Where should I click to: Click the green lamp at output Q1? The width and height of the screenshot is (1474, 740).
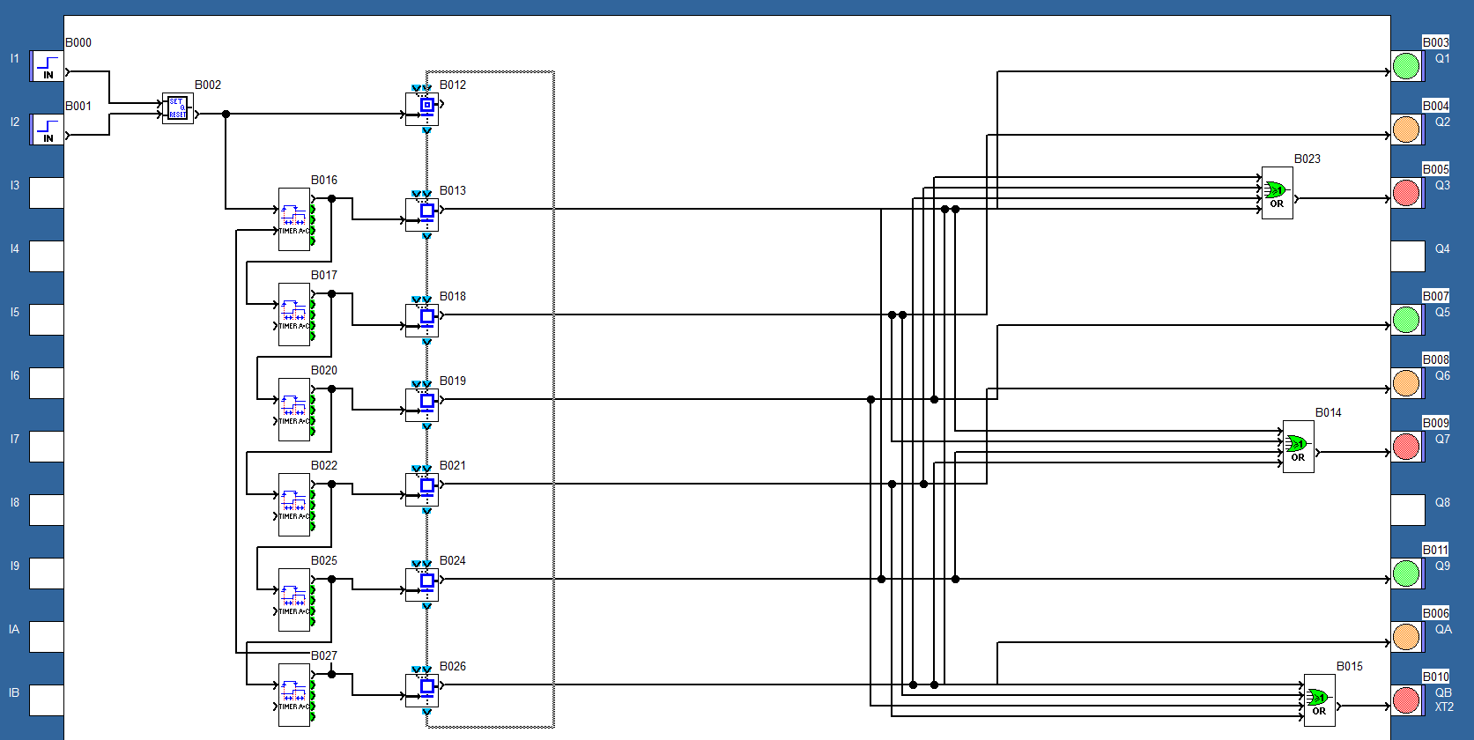point(1406,66)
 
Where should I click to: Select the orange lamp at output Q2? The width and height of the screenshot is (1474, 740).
point(1406,129)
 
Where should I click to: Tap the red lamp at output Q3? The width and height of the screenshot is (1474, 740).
point(1406,193)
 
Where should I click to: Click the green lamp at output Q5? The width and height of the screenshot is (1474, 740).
point(1406,320)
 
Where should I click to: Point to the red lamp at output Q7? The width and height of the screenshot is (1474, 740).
point(1406,447)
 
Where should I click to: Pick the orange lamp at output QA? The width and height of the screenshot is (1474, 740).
point(1406,637)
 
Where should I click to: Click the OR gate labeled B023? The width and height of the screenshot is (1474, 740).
point(1277,193)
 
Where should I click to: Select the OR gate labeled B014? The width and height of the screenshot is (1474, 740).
point(1298,447)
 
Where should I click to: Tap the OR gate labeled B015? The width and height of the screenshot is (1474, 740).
point(1319,700)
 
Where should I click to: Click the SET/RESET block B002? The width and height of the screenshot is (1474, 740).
point(177,108)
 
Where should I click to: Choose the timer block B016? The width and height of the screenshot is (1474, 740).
point(294,219)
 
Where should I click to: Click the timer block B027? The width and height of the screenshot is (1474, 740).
point(294,695)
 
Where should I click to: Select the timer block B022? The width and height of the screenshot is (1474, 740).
point(294,505)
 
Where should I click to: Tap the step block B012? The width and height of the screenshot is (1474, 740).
point(422,108)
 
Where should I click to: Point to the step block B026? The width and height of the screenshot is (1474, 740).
point(422,690)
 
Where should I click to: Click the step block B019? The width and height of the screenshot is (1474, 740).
point(422,404)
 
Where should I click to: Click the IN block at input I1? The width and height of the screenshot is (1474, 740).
point(47,66)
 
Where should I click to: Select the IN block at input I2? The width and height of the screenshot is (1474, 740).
point(47,129)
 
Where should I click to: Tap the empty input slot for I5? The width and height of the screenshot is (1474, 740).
point(47,320)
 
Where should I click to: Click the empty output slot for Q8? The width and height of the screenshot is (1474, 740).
point(1408,510)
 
